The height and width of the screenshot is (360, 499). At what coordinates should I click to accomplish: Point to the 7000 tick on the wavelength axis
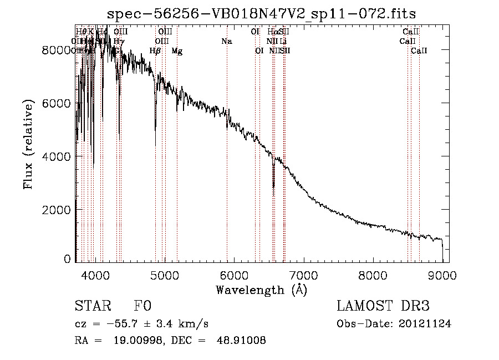point(303,275)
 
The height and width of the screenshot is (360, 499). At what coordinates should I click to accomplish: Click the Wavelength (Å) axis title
point(261,290)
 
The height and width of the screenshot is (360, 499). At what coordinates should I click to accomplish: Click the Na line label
point(226,42)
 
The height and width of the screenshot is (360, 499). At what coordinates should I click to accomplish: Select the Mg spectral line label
point(177,51)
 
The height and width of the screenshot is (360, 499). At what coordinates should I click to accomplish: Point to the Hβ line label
point(155,51)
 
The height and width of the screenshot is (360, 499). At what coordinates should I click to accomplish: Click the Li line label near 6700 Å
point(283,42)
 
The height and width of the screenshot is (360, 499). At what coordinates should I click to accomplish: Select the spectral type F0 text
point(142,306)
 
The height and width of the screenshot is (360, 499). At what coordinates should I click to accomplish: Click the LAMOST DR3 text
point(383,306)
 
